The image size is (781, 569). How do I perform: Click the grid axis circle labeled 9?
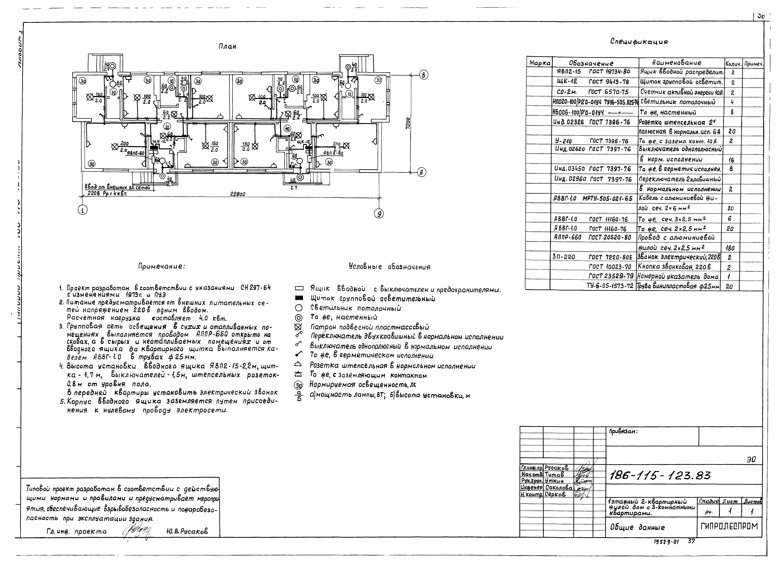(379, 213)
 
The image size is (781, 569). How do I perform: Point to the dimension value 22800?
(238, 194)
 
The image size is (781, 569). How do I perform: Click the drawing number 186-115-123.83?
(660, 476)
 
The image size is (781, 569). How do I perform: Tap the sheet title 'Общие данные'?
(637, 527)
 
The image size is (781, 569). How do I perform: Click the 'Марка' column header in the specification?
(540, 63)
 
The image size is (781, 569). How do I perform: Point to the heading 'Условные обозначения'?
(389, 267)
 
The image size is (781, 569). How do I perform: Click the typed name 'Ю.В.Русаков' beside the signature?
(187, 531)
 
